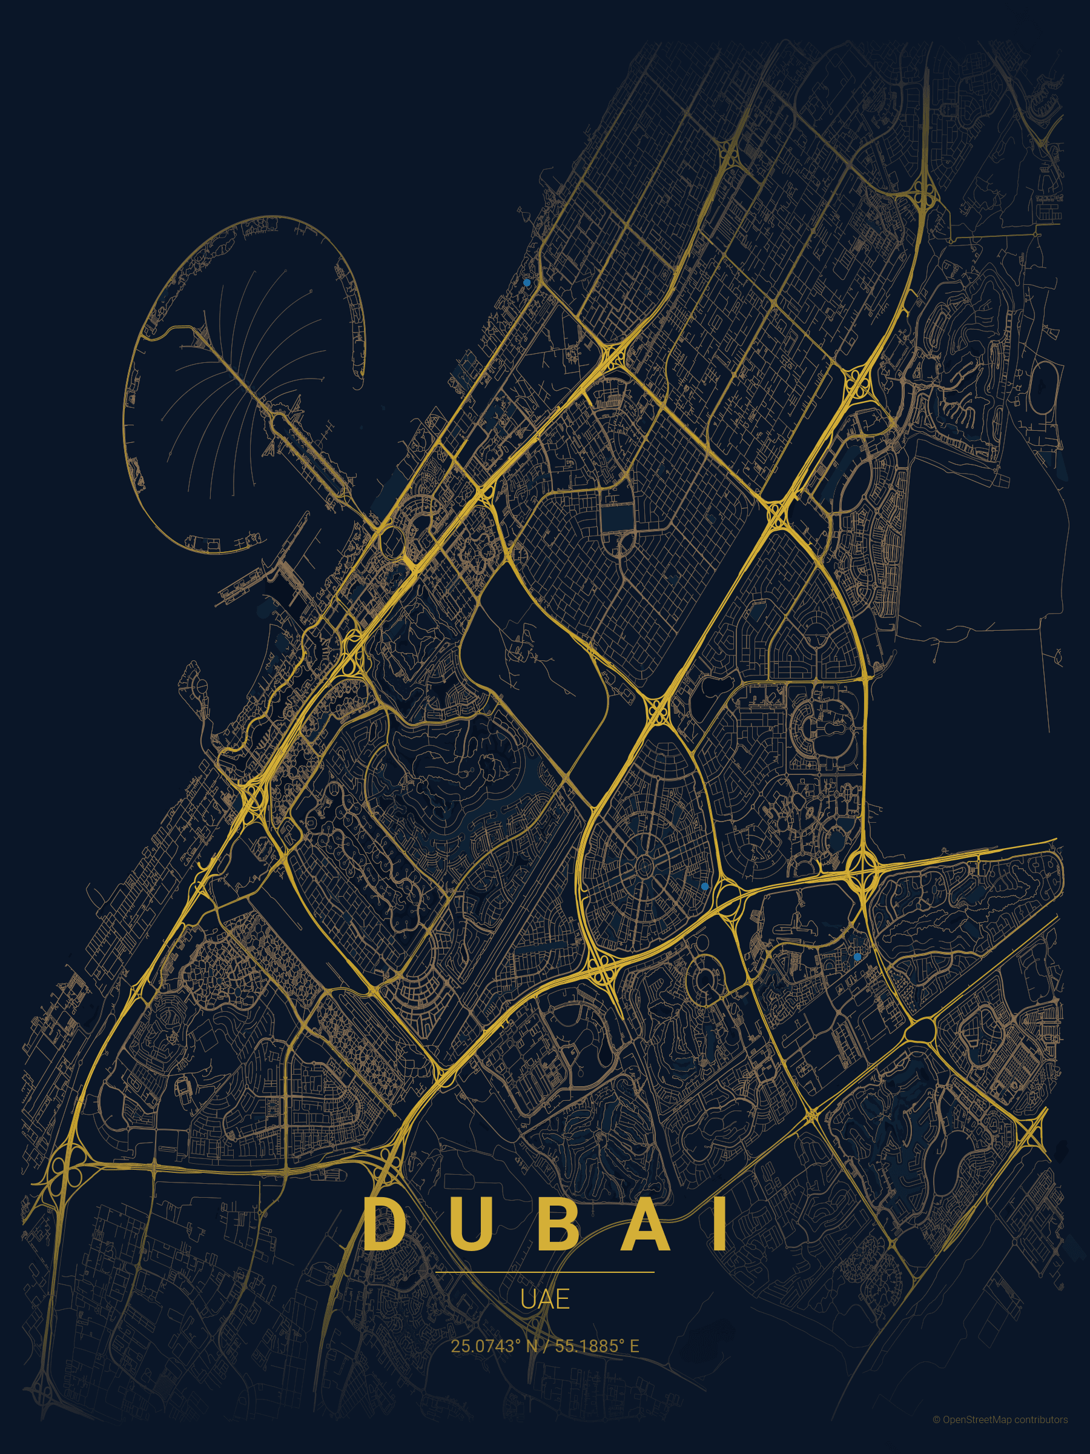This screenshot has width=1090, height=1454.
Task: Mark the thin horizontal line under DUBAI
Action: click(544, 1272)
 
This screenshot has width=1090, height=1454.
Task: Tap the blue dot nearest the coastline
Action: click(526, 283)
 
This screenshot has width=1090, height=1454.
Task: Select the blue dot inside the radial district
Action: click(704, 886)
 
